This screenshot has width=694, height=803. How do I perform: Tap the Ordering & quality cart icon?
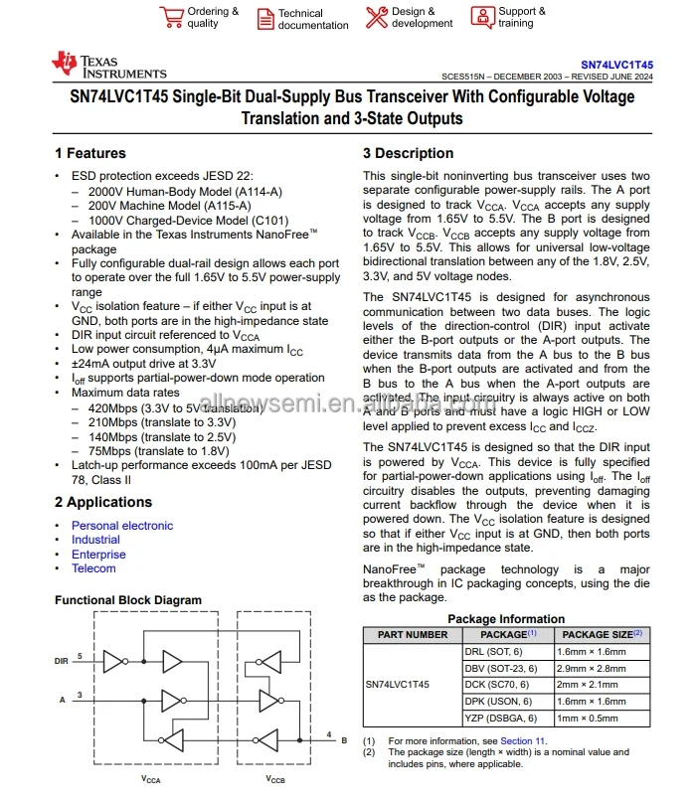[x=170, y=17]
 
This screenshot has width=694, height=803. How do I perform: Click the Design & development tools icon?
[x=376, y=17]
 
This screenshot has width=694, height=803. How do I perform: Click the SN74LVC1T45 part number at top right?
[x=616, y=62]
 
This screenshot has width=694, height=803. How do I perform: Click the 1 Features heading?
[x=90, y=153]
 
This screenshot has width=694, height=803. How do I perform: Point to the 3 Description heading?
[x=409, y=153]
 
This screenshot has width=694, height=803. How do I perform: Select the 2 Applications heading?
[x=103, y=503]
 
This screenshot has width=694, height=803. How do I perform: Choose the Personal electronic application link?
[x=121, y=526]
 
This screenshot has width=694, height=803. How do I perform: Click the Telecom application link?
[x=93, y=568]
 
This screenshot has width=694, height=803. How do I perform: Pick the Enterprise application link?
[x=98, y=555]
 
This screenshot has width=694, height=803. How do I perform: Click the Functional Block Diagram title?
[x=127, y=600]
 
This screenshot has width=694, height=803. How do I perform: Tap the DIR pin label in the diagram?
[x=62, y=660]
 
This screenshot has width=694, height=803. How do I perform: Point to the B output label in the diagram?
[x=343, y=740]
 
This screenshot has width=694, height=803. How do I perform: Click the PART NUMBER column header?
[x=413, y=634]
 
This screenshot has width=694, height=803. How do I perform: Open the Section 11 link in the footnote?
[x=522, y=741]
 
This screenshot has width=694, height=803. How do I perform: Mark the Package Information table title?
[x=506, y=619]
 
